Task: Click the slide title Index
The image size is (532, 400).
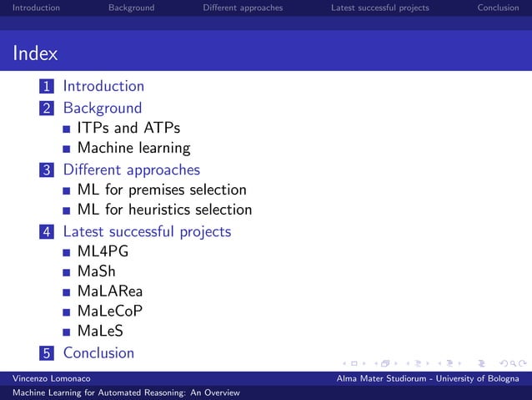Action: (x=35, y=54)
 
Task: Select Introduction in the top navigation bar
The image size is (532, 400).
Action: (x=30, y=8)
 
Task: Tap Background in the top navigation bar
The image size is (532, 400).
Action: (x=131, y=8)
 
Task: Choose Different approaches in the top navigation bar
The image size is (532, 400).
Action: (x=243, y=8)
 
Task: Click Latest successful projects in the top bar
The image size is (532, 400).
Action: (x=379, y=8)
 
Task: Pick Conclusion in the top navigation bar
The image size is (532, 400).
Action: (x=498, y=8)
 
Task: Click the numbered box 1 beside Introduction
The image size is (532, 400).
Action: (x=48, y=86)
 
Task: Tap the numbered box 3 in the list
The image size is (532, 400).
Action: (x=48, y=170)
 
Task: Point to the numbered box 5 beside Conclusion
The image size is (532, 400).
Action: (x=48, y=353)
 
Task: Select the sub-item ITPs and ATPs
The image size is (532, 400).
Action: (x=128, y=128)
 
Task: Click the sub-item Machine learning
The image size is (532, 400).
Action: (x=133, y=149)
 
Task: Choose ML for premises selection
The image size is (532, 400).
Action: (x=161, y=190)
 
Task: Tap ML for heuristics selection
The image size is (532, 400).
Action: (x=164, y=210)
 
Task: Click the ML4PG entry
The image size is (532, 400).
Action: (x=103, y=251)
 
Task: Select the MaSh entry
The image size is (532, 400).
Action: (x=96, y=271)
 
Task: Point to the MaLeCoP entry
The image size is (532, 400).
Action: (x=109, y=311)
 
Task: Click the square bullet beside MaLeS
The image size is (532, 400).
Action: (x=67, y=332)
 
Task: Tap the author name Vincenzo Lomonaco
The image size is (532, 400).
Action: (x=46, y=379)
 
